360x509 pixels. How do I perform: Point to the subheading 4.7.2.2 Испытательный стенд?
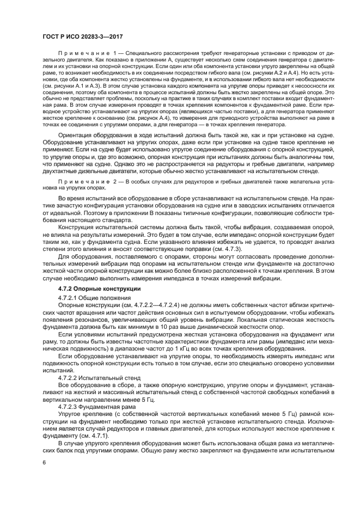(93, 377)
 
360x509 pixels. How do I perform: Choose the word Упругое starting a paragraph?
(71, 414)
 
